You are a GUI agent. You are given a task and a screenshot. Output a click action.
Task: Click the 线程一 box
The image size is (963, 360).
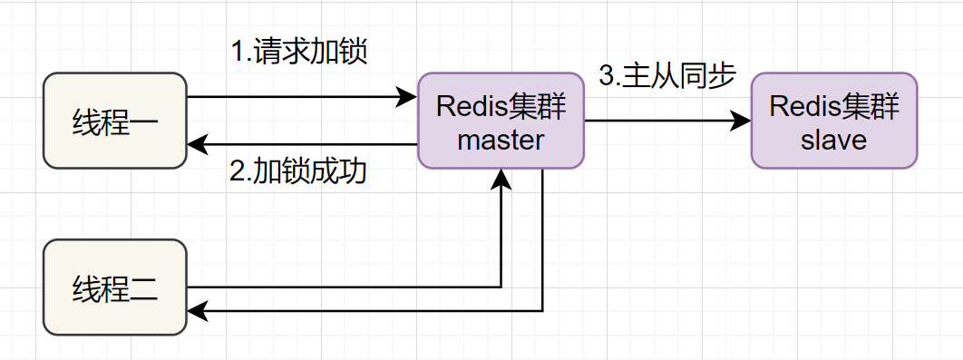coord(115,121)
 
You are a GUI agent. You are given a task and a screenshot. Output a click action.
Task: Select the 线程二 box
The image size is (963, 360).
coord(115,287)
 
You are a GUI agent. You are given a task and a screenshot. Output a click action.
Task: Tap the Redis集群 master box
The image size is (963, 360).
coord(501,121)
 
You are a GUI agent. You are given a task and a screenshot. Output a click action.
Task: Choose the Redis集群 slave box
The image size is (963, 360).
coord(834,121)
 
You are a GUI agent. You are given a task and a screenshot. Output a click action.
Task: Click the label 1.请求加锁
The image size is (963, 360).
coord(299,52)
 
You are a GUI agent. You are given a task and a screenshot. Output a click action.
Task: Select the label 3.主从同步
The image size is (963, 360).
coord(667,76)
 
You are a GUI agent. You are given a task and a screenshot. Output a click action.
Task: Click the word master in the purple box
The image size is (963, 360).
coord(501,140)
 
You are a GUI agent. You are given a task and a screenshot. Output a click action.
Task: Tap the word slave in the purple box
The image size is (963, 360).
coord(834,140)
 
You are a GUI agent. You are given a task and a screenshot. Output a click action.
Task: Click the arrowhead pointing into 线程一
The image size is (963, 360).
coord(197,145)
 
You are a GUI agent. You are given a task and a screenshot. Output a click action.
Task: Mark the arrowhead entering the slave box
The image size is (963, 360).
coord(741,121)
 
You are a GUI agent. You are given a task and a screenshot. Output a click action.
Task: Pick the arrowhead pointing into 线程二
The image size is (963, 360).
coord(197,311)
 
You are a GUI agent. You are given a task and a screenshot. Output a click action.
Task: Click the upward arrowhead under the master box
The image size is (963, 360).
coord(501,179)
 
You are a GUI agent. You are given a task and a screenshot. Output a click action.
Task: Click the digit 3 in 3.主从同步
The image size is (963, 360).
coord(606,77)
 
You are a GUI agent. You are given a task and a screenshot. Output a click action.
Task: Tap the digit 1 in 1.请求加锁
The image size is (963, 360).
coord(238,53)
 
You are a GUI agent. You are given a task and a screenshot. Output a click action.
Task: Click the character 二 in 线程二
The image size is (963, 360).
coord(143,288)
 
